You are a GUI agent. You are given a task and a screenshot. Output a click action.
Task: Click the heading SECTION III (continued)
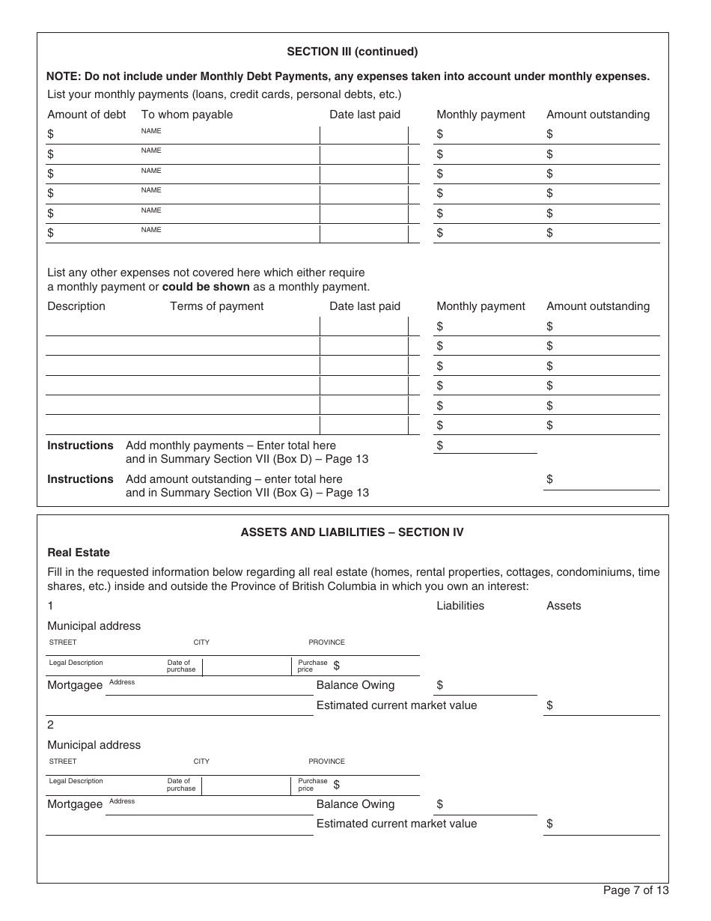tap(353, 52)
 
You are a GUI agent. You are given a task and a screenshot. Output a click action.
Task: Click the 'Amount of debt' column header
tap(87, 115)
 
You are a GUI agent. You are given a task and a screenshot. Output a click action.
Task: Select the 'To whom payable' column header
tap(187, 115)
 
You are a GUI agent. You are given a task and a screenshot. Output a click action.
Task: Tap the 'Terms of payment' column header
tap(217, 306)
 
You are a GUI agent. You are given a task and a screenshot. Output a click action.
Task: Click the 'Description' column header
tap(76, 306)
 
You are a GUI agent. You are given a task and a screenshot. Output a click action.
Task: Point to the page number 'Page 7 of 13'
tap(636, 890)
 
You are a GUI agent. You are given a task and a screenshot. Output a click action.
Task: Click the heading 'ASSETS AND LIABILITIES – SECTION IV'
tap(352, 532)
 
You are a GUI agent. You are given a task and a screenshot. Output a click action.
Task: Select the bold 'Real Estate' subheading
tap(79, 553)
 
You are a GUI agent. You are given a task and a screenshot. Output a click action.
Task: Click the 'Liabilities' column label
tap(460, 606)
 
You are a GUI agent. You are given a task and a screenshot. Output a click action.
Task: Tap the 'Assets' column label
tap(564, 606)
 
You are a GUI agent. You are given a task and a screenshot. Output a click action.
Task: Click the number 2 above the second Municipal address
tap(51, 725)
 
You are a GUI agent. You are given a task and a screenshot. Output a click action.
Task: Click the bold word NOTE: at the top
tap(64, 76)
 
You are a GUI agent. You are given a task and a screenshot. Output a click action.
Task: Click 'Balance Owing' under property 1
tap(355, 685)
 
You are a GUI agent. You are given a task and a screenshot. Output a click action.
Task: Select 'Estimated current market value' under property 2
tap(397, 824)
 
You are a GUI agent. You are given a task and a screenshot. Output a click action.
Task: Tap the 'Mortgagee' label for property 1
tap(75, 685)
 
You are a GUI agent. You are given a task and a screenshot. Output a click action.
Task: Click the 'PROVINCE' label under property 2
tap(326, 762)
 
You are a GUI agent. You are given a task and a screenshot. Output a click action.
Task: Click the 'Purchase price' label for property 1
tap(312, 666)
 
